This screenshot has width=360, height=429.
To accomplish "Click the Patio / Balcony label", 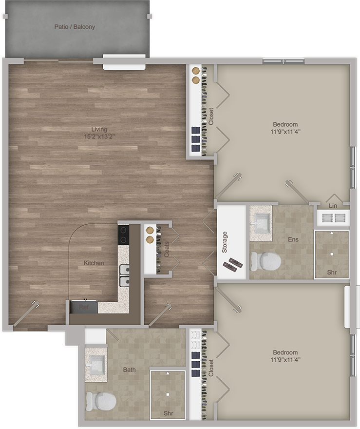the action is pos(75,27).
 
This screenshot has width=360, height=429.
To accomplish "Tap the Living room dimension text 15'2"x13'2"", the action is pos(99,136).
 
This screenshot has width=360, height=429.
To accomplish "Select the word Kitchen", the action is pos(94,263).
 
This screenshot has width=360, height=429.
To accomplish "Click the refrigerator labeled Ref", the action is pos(84,307).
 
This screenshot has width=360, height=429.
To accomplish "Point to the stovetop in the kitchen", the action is pos(123,235).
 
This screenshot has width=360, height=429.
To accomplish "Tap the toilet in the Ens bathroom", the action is pos(265,262).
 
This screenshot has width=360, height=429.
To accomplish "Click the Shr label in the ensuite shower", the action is pos(332,272).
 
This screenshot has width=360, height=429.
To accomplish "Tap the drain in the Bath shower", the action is pos(168,394).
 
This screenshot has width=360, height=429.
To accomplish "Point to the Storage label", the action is pos(225,242).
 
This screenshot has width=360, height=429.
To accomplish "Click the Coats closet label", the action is pos(167,249).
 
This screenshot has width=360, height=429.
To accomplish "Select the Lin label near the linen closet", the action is pos(333,206).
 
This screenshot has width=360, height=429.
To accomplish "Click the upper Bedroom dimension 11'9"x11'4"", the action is pos(285,132).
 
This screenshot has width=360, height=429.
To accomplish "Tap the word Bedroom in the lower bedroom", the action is pos(285,352).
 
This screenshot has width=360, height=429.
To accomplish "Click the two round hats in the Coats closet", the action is pos(150,235).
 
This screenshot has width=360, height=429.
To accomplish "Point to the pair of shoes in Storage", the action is pos(233,264).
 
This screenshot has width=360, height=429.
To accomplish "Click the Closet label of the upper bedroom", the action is pos(211,117).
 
